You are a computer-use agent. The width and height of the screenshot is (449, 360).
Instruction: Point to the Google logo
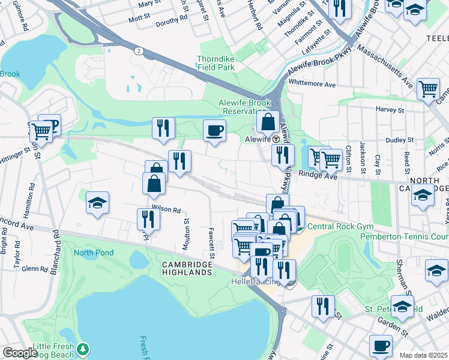(19, 353)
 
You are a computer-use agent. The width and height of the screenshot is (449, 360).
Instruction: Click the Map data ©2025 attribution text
(423, 355)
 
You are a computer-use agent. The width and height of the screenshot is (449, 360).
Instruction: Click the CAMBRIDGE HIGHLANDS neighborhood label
(187, 268)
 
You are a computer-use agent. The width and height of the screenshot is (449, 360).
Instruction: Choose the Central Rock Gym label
(340, 227)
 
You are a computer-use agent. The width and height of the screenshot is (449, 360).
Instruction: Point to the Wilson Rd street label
(166, 209)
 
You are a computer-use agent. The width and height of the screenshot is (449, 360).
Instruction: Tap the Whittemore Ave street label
(312, 85)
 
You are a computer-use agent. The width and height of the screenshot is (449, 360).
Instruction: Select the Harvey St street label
(390, 110)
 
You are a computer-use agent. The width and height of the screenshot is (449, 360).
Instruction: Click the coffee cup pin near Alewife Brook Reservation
(214, 130)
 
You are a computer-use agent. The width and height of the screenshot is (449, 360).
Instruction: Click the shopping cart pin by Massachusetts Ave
(428, 89)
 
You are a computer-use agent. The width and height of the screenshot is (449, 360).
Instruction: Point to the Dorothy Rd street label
(171, 20)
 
